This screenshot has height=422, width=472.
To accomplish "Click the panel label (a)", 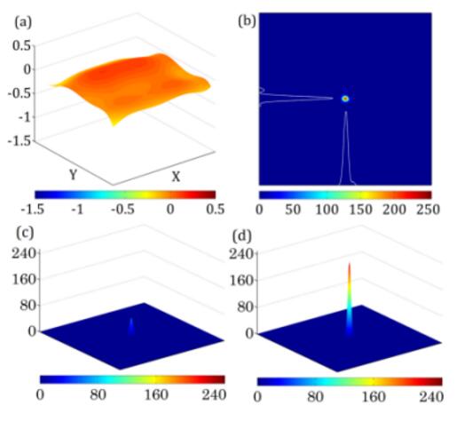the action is (x=23, y=22).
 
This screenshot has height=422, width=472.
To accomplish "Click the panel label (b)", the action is (x=247, y=21).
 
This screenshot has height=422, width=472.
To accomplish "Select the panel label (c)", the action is (x=24, y=233).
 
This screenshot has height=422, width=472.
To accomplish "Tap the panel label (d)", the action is (x=241, y=235).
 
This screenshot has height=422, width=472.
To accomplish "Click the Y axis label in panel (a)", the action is (x=73, y=175).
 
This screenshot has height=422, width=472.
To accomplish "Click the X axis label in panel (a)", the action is (x=176, y=177).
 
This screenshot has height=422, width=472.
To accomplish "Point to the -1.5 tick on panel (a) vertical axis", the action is (x=20, y=141).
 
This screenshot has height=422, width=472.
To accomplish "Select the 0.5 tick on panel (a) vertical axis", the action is (x=21, y=45).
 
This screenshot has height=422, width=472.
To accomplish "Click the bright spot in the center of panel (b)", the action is (x=345, y=99).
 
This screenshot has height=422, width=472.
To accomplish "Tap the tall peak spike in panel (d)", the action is (x=350, y=299).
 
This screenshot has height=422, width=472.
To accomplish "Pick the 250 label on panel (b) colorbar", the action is (x=428, y=209).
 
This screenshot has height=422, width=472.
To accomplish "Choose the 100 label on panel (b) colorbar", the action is (x=327, y=209).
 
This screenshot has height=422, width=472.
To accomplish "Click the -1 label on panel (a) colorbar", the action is (x=77, y=209).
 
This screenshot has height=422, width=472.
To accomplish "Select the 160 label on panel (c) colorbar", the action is (x=156, y=394).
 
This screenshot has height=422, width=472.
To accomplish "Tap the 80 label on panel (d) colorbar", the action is (x=315, y=397).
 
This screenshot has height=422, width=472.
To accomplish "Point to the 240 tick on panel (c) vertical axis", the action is (x=25, y=253).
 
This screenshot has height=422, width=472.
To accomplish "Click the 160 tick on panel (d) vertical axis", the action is (x=242, y=281).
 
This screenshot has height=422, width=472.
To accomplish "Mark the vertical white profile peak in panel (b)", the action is (x=346, y=112).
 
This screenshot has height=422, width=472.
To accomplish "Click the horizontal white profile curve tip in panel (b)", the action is (x=333, y=99).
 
